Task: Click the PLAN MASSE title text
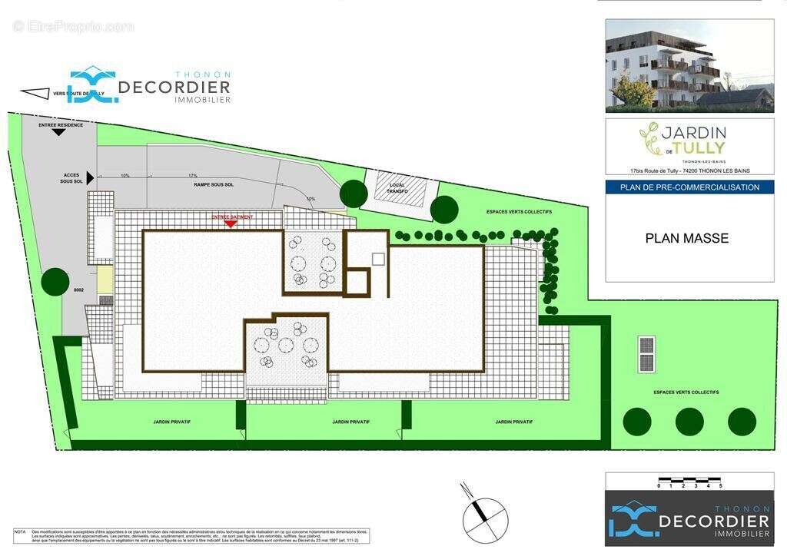(686, 239)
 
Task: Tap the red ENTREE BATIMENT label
(232, 218)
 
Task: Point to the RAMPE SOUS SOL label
(214, 185)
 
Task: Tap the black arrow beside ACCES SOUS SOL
(90, 178)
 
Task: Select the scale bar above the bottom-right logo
(689, 484)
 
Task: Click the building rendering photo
(689, 65)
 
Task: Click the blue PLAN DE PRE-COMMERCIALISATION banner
(689, 187)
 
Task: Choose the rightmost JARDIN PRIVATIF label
(514, 422)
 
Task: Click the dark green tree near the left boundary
(55, 281)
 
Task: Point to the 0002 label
(78, 290)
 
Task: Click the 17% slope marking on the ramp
(193, 176)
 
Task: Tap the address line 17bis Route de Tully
(689, 170)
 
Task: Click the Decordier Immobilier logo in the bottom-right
(689, 520)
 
